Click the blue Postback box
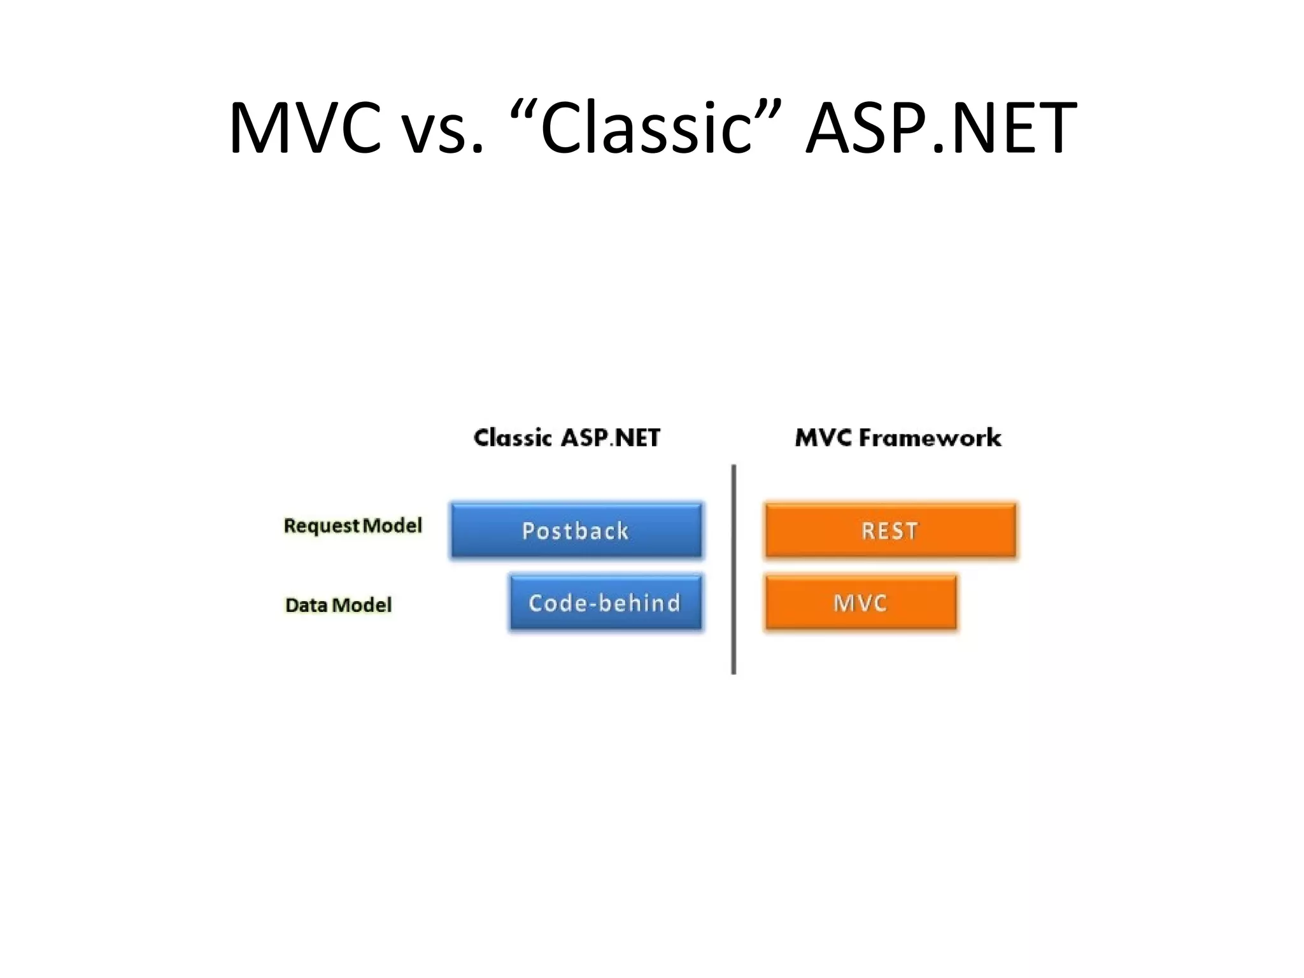[x=576, y=530]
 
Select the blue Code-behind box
[x=606, y=602]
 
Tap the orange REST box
[x=890, y=530]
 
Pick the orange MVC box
[x=860, y=602]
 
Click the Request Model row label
[x=353, y=526]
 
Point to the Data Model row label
[x=338, y=605]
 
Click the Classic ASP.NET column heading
[x=567, y=438]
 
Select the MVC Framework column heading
[x=898, y=438]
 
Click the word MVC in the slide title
[x=305, y=129]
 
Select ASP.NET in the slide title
[x=940, y=129]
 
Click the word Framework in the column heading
[x=930, y=438]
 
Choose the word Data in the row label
[x=306, y=605]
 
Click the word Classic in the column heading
[x=513, y=438]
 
